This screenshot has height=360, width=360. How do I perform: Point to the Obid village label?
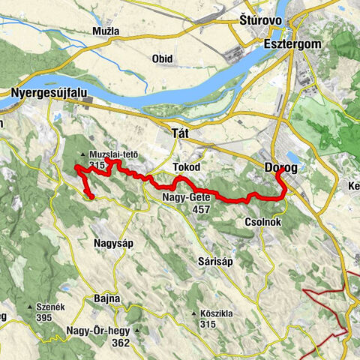(x=162, y=58)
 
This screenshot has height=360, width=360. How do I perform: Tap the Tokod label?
(x=184, y=166)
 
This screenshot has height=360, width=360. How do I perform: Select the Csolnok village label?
(x=262, y=223)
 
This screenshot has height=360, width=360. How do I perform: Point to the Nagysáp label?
(x=113, y=242)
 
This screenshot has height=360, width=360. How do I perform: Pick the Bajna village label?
(x=107, y=298)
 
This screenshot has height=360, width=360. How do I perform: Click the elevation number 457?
(x=200, y=210)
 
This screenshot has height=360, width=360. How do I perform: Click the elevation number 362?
(x=118, y=343)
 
